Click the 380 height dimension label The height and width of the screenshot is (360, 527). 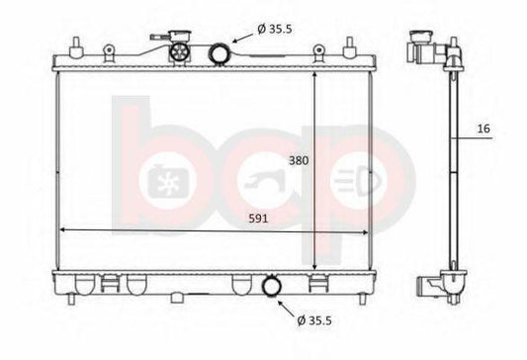pos(299,160)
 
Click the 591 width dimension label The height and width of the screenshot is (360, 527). pos(258,219)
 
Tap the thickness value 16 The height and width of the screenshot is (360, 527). pos(483,129)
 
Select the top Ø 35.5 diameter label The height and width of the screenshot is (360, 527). pos(275,30)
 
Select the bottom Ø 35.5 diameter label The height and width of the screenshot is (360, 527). pos(314,320)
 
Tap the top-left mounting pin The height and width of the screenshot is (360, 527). pos(76,46)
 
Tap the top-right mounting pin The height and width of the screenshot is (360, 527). pos(350,46)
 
